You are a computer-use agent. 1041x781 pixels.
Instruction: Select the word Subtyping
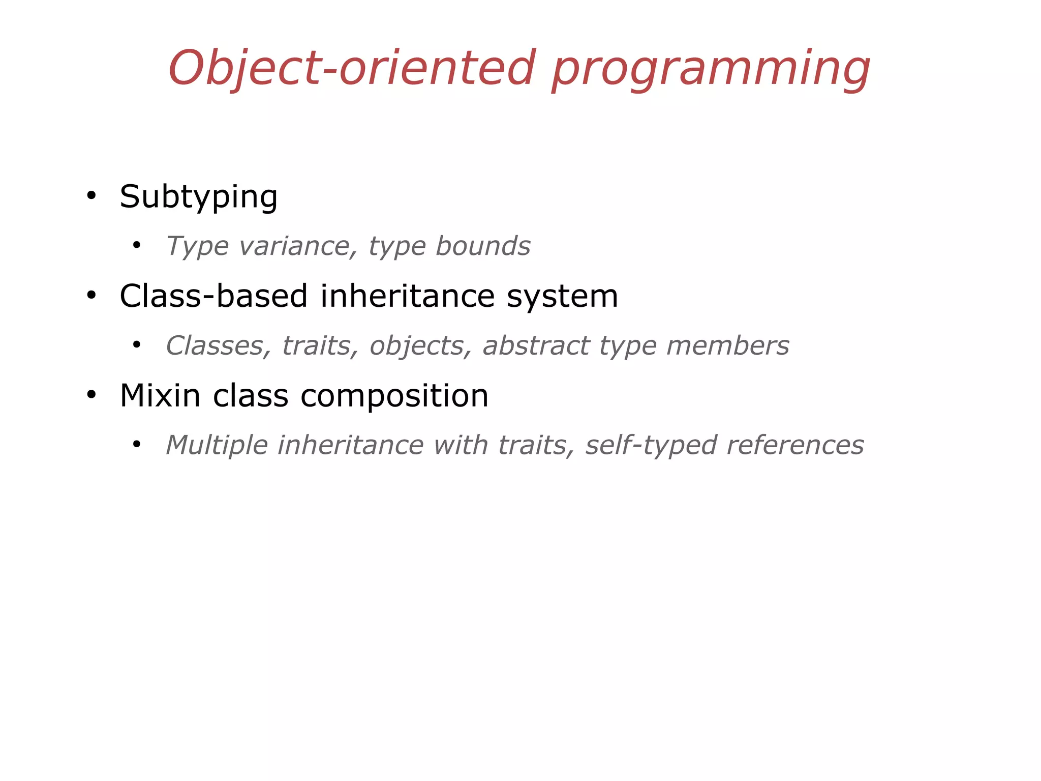(198, 196)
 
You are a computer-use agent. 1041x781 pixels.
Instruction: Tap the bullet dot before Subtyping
(91, 196)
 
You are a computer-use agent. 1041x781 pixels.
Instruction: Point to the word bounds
(483, 246)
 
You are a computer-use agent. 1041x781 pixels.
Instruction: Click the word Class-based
(213, 296)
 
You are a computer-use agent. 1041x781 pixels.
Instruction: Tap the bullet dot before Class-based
(91, 295)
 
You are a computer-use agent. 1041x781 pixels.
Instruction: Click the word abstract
(535, 346)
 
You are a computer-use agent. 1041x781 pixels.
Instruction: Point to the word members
(727, 346)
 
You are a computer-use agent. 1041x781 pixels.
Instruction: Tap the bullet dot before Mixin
(91, 395)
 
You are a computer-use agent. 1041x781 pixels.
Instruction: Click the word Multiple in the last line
(217, 445)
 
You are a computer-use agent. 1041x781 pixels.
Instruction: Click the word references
(795, 445)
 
